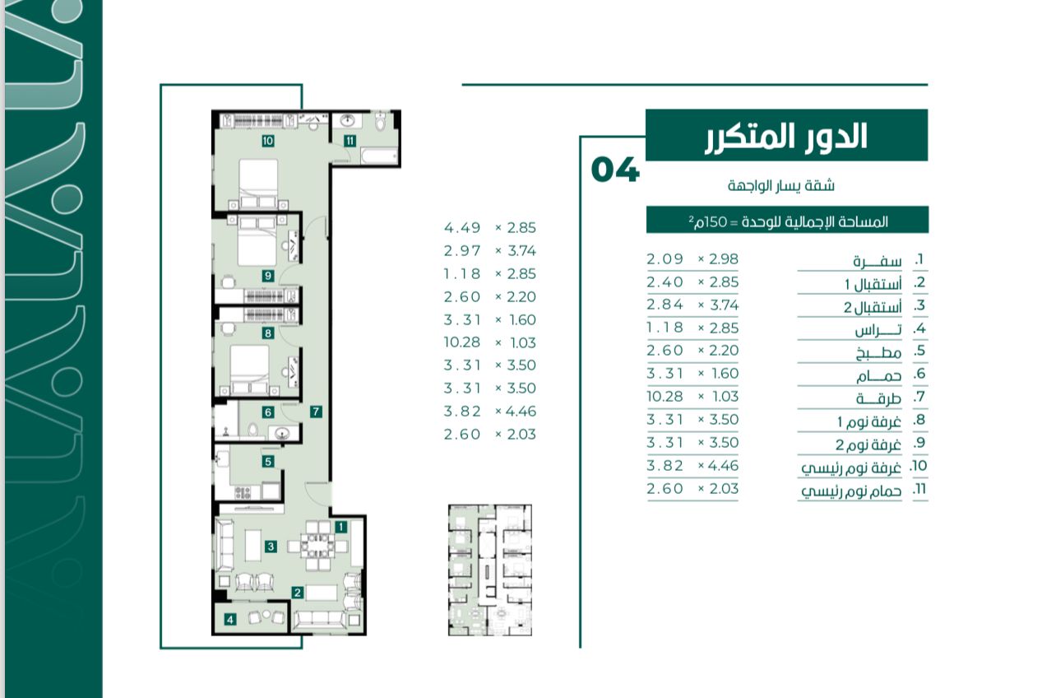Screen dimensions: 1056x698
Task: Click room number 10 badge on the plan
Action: (268, 141)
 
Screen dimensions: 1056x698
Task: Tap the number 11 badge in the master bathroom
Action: (350, 141)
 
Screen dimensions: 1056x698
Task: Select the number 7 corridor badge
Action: (316, 412)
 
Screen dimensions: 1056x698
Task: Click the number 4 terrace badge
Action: (230, 619)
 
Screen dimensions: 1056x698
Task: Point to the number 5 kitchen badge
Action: (268, 461)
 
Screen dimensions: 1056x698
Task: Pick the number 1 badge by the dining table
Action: (340, 527)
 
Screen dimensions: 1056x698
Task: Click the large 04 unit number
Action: (615, 170)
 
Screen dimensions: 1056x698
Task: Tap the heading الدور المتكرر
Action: (786, 137)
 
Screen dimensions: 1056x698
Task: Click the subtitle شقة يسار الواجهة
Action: (780, 185)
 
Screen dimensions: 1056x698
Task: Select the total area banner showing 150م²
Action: (787, 220)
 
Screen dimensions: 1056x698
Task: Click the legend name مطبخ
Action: (878, 352)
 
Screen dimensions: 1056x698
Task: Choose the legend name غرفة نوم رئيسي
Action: (851, 468)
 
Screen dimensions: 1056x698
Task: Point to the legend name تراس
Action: (878, 329)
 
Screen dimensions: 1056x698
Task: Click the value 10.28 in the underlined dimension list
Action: (665, 397)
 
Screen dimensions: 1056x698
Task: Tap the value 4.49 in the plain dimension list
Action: (462, 228)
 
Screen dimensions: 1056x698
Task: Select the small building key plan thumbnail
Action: (490, 570)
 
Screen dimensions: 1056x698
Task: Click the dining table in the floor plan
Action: (317, 547)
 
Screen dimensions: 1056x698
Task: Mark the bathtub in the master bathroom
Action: (379, 156)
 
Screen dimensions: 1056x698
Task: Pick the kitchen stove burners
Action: (243, 493)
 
